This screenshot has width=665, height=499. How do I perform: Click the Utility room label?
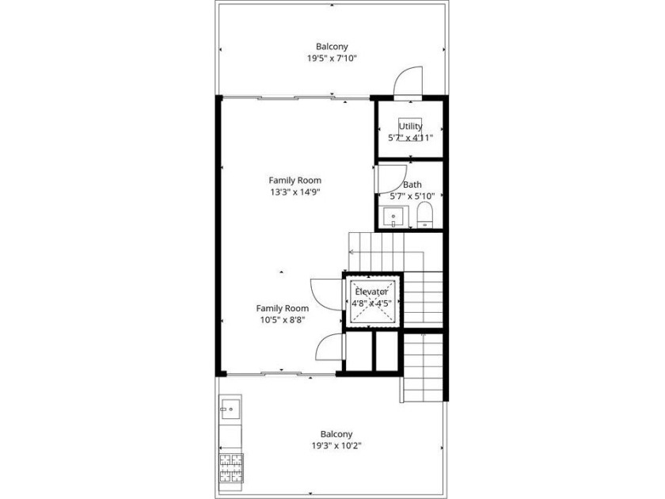click(411, 126)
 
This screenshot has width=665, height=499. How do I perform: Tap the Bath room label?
click(412, 185)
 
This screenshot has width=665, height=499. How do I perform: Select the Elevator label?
click(371, 292)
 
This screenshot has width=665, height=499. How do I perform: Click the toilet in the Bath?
click(424, 215)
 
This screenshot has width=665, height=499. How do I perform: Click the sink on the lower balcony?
click(230, 407)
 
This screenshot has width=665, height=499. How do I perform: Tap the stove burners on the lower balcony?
click(231, 468)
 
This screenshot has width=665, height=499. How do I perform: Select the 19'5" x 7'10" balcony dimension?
click(332, 58)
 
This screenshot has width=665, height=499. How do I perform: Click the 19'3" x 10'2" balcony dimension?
click(336, 446)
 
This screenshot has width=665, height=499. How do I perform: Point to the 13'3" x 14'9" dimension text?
click(295, 192)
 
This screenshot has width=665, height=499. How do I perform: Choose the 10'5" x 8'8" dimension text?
click(283, 320)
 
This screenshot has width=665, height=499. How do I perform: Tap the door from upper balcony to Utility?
click(408, 82)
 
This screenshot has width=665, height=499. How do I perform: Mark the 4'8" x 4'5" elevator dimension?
click(371, 303)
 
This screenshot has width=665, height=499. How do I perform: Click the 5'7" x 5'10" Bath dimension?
click(412, 196)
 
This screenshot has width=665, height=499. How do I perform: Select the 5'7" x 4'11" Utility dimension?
click(411, 138)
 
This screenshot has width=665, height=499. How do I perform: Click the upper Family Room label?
click(295, 181)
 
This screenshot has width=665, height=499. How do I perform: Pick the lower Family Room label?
click(283, 308)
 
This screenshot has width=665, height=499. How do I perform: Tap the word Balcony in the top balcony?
click(332, 47)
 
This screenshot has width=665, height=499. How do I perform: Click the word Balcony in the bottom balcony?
click(336, 435)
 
